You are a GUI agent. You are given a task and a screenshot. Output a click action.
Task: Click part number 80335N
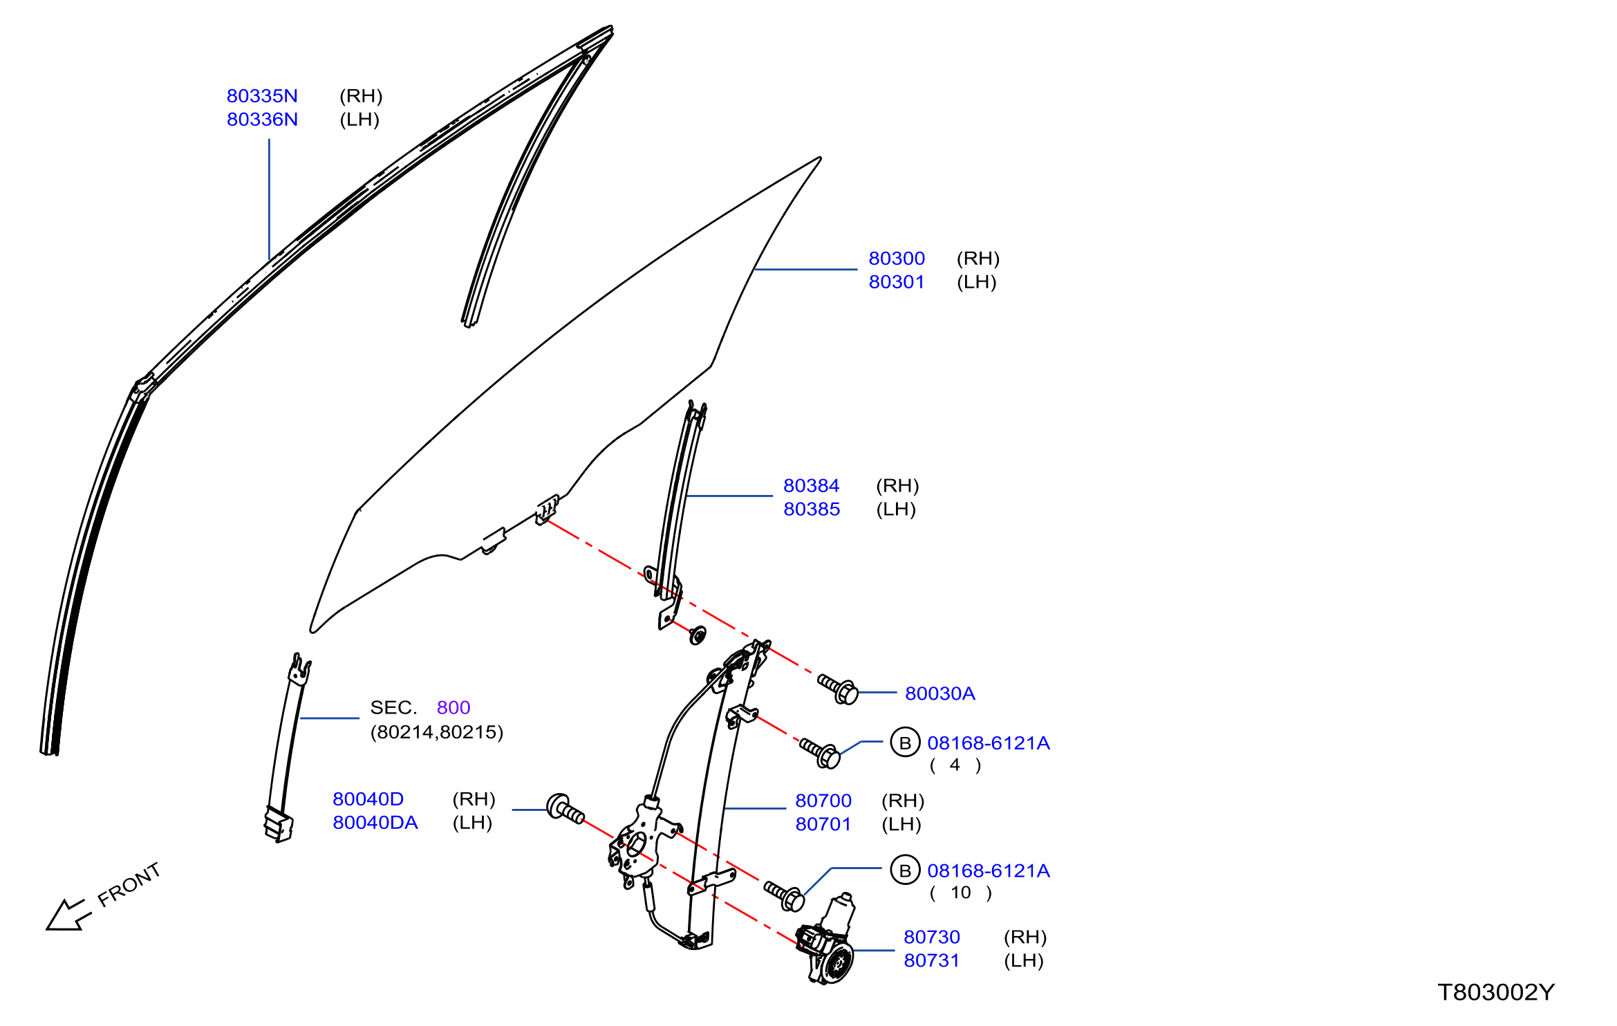point(262,96)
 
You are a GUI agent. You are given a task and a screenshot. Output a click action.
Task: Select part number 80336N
point(262,120)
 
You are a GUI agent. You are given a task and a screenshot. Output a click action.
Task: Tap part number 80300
point(897,259)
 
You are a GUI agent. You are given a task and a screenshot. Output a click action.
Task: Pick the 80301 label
point(897,282)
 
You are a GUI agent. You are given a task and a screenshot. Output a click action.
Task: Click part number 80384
point(812,486)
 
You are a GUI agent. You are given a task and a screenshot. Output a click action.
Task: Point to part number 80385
point(812,510)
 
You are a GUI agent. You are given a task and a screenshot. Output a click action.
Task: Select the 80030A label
point(940,693)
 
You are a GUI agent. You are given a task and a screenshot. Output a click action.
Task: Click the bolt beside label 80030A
point(839,689)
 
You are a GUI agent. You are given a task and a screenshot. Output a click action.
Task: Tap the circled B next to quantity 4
point(905,743)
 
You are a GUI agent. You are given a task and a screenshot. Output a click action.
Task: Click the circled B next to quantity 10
point(905,870)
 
